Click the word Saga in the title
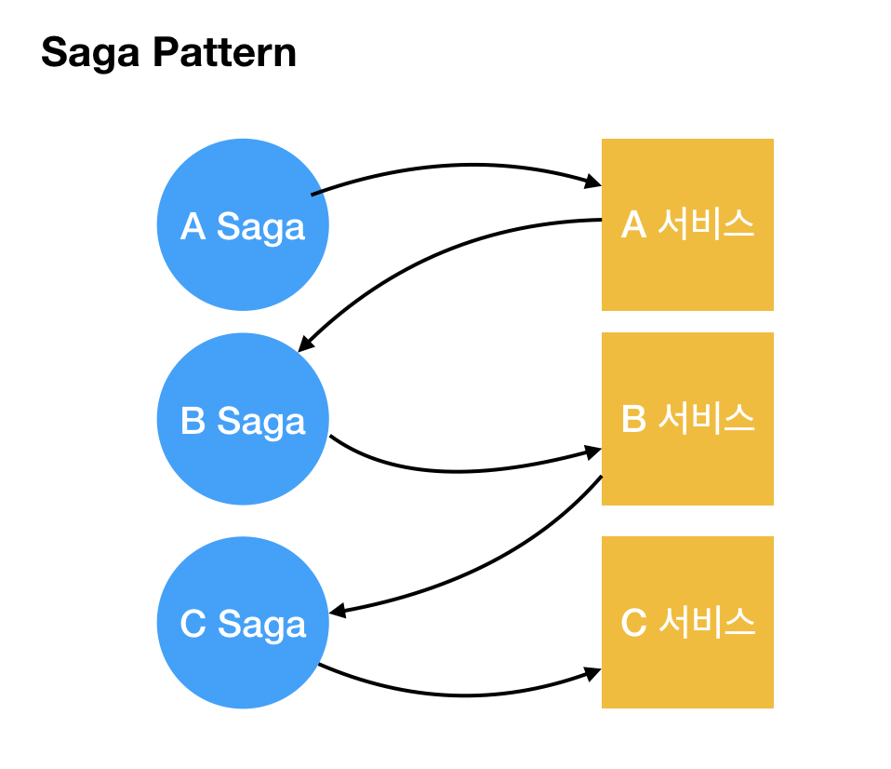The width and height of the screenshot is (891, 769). [x=90, y=53]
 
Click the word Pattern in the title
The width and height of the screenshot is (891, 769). [x=224, y=52]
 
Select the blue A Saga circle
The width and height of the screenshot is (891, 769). [x=243, y=224]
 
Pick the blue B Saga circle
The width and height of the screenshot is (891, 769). [x=243, y=419]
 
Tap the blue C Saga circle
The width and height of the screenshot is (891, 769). [x=243, y=622]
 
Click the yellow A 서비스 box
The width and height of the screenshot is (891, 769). [x=687, y=224]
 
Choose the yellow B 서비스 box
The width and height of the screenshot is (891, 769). [x=687, y=419]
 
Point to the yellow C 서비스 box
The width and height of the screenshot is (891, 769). [x=687, y=622]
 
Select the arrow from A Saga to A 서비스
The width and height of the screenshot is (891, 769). [x=466, y=165]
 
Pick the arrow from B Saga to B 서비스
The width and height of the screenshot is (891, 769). [x=460, y=471]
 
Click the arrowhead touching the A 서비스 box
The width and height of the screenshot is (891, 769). [x=593, y=182]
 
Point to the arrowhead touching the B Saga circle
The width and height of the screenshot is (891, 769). [x=305, y=344]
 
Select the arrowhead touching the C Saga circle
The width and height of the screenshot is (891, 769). [x=337, y=612]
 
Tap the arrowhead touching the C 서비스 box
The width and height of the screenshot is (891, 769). [x=593, y=674]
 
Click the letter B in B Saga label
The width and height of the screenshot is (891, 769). [x=193, y=420]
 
